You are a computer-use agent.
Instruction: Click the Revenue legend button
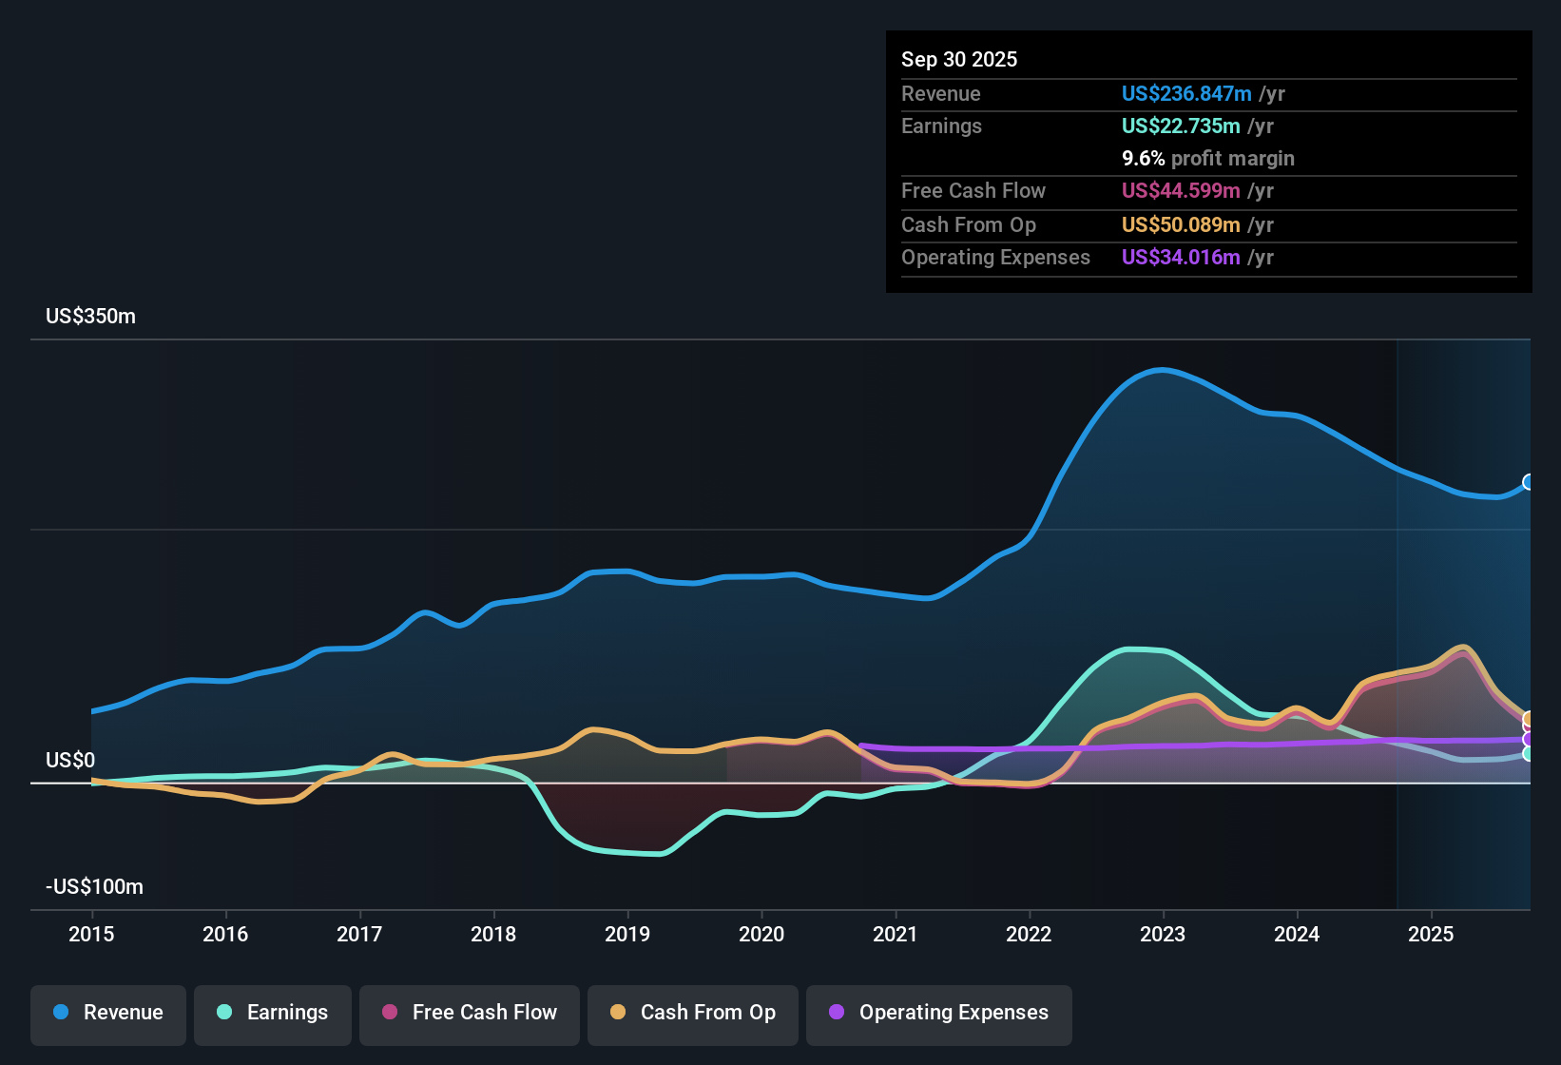click(x=108, y=1013)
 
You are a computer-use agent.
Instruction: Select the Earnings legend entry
click(x=273, y=1013)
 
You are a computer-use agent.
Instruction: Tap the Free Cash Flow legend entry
click(x=470, y=1013)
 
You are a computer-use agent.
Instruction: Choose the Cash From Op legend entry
click(x=693, y=1013)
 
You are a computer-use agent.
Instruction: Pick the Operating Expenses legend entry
click(x=939, y=1013)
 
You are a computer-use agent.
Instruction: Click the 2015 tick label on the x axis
click(x=91, y=934)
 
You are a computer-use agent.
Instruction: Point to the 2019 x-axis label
click(x=627, y=934)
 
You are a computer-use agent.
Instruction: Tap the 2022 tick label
click(x=1029, y=934)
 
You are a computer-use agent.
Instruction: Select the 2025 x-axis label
click(x=1431, y=934)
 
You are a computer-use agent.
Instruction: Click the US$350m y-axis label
click(x=90, y=317)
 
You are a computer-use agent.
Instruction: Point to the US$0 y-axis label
click(x=70, y=760)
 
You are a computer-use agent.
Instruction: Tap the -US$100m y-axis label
click(x=94, y=887)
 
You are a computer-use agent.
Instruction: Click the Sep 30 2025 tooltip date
click(x=959, y=60)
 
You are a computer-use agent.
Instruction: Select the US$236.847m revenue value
click(x=1186, y=93)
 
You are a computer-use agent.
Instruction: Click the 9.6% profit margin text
click(x=1208, y=159)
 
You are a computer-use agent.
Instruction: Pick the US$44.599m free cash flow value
click(x=1181, y=191)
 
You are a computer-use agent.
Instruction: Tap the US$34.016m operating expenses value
click(x=1181, y=258)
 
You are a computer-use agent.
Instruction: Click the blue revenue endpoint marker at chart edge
click(x=1529, y=482)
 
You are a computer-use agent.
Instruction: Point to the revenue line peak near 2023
click(x=1162, y=370)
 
